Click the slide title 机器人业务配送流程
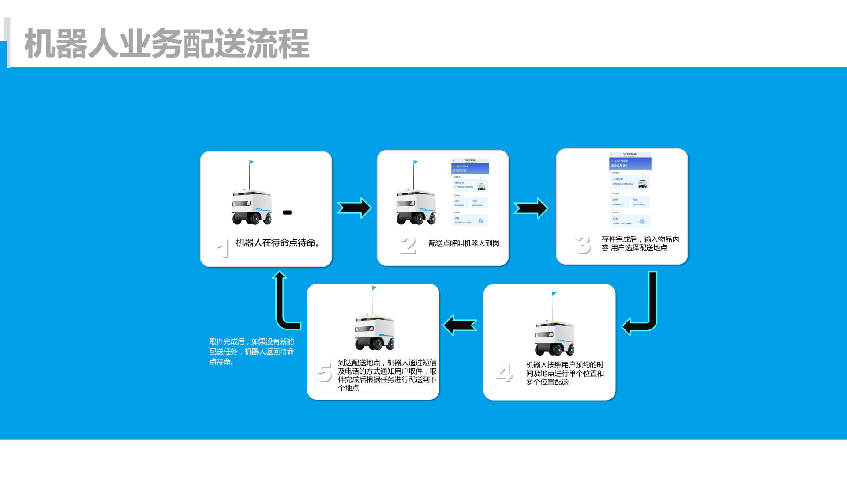[167, 44]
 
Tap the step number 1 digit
[224, 248]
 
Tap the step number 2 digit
[408, 245]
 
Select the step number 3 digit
[583, 244]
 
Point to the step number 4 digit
[504, 373]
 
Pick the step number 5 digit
[324, 373]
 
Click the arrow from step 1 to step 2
[354, 208]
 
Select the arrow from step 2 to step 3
[531, 208]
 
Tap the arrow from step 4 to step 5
[460, 326]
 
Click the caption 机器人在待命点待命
[277, 243]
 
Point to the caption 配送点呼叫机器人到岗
[464, 243]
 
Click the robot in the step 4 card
[555, 336]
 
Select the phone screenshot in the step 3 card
[630, 189]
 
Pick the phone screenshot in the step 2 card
[470, 192]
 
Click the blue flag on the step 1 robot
[251, 163]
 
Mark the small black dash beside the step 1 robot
[287, 212]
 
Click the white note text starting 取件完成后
[251, 352]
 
